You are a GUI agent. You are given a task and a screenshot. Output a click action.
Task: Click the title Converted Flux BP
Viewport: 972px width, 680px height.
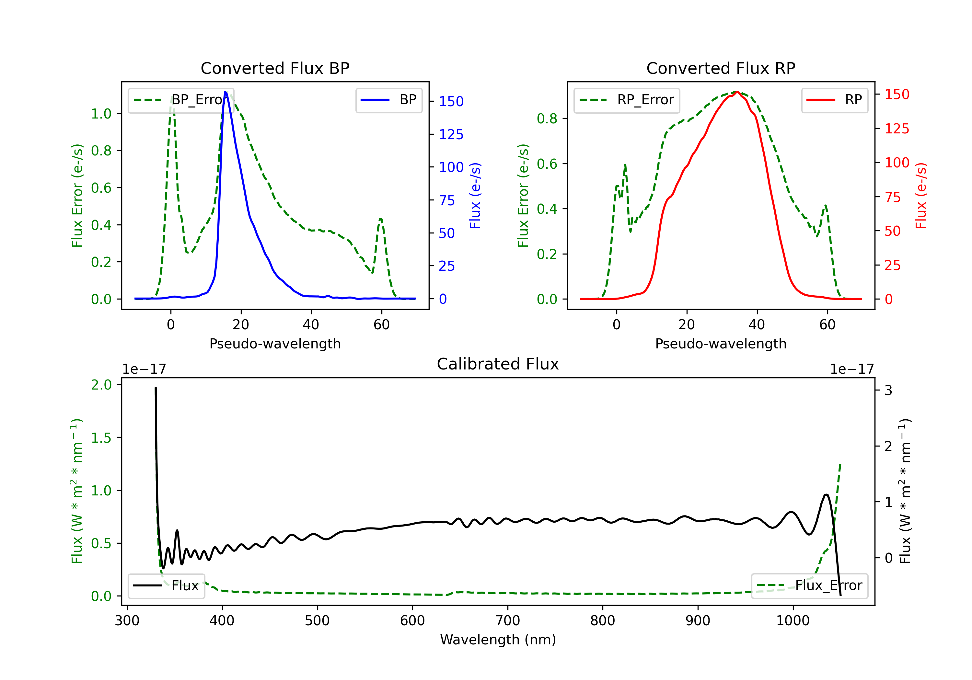[275, 68]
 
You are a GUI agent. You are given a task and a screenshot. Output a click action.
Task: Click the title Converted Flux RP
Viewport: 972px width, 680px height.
[721, 68]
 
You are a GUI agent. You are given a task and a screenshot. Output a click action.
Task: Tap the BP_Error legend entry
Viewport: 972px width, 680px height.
[181, 100]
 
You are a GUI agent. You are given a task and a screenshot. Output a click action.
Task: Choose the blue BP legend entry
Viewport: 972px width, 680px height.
[388, 100]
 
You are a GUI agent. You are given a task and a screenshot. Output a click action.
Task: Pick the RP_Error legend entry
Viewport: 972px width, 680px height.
[627, 100]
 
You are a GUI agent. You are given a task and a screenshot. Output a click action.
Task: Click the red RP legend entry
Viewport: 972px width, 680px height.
[834, 100]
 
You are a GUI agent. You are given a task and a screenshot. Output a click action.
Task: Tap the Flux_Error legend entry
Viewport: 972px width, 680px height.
[809, 586]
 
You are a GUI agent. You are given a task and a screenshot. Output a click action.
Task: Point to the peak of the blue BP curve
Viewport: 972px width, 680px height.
[226, 92]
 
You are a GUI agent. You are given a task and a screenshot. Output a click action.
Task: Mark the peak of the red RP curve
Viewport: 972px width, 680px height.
[737, 92]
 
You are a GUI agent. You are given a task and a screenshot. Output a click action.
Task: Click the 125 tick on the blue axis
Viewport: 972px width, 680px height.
[451, 135]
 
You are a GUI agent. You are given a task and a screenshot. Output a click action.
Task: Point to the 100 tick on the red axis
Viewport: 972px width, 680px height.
[897, 163]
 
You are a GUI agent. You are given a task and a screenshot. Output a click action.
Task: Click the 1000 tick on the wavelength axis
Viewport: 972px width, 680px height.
[793, 621]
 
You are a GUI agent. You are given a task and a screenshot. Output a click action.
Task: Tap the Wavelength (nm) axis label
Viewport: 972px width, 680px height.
[498, 640]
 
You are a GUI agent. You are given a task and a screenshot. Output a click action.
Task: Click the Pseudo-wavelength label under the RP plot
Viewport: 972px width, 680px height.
[721, 344]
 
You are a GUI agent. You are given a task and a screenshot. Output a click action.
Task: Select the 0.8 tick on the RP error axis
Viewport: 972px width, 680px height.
[547, 119]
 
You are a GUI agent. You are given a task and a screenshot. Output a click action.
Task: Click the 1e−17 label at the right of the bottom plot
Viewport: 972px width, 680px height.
[852, 369]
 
